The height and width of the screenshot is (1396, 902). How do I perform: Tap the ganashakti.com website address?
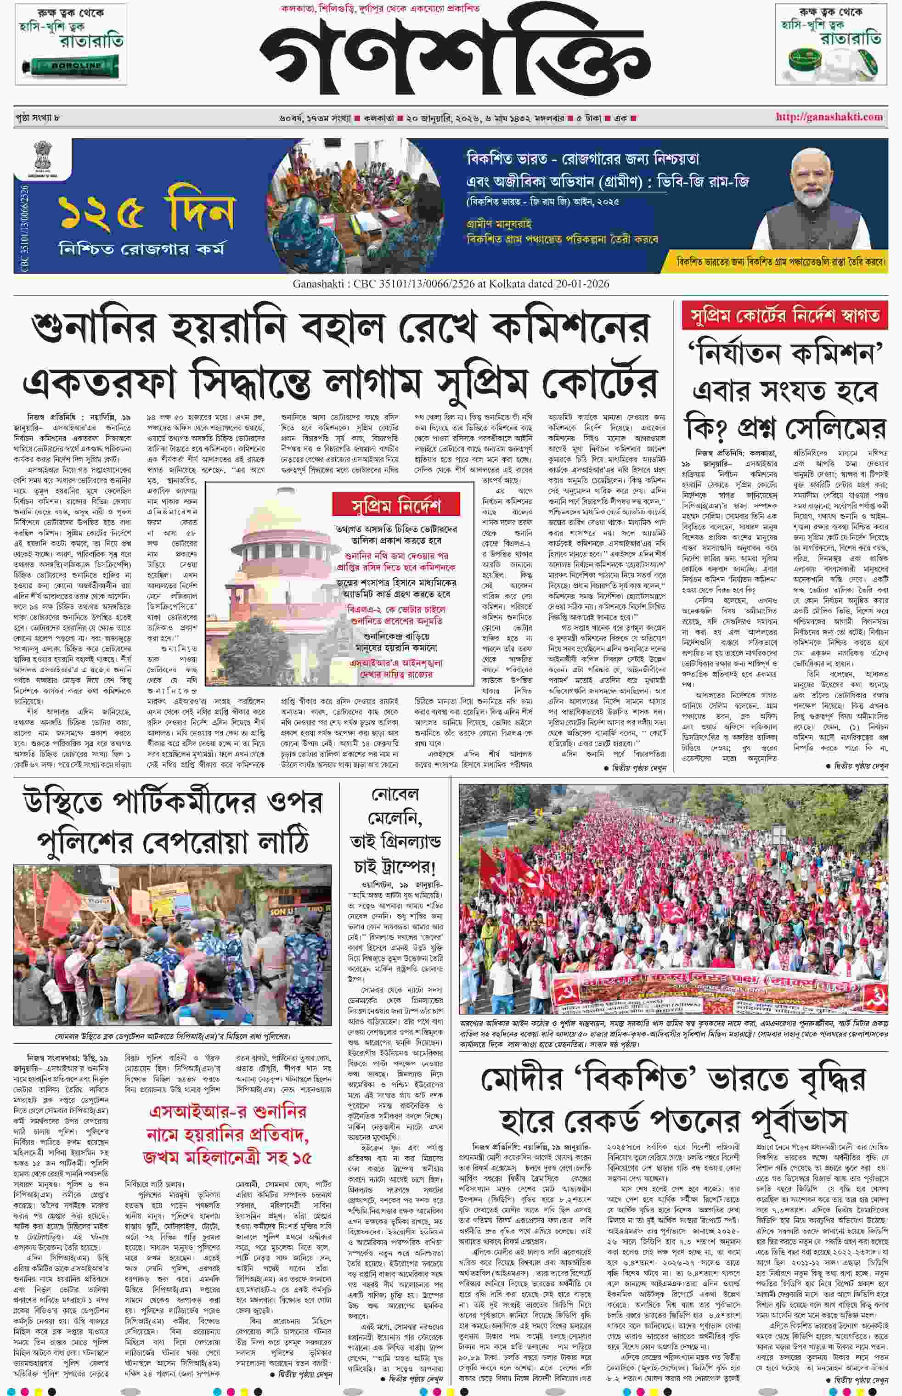tap(829, 117)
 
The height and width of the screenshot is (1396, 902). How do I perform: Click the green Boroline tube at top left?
tap(72, 66)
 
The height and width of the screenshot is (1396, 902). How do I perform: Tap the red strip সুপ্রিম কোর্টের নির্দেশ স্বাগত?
tap(785, 317)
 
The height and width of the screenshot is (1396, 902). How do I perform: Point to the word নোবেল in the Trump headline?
tap(395, 794)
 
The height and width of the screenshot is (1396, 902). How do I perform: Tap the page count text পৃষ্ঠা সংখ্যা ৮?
tap(38, 118)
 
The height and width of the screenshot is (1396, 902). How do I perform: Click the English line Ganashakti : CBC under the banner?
tap(451, 284)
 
